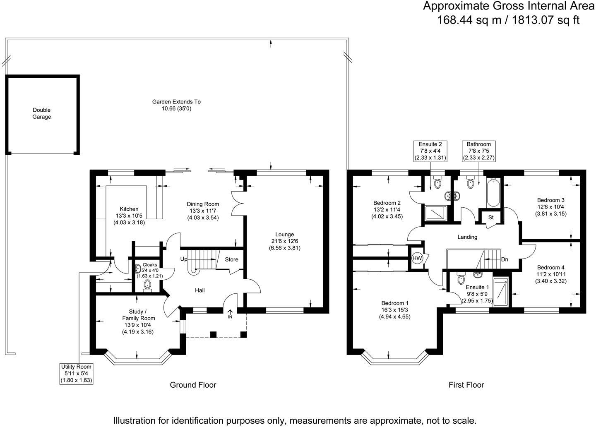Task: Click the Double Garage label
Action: [x=42, y=113]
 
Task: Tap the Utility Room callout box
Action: [x=76, y=374]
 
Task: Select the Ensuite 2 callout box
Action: [x=430, y=151]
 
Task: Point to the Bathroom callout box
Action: [x=478, y=151]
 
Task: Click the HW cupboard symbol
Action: [x=417, y=258]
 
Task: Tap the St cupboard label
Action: [x=491, y=218]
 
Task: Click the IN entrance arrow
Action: [x=230, y=314]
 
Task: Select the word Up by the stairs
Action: [x=184, y=259]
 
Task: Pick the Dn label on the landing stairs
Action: [x=504, y=259]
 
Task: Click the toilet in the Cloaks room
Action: [x=147, y=285]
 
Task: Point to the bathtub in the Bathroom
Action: [x=493, y=193]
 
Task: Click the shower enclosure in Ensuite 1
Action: [x=502, y=292]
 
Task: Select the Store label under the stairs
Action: [x=231, y=259]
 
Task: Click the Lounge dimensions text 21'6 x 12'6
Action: [x=284, y=241]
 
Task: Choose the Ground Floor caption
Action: [x=193, y=385]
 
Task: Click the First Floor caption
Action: [x=466, y=385]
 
